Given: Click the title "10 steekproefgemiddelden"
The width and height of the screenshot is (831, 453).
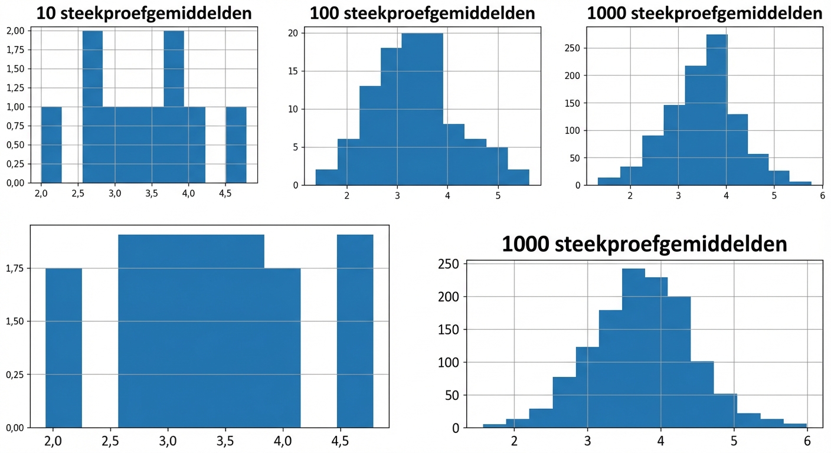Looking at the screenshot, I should (143, 13).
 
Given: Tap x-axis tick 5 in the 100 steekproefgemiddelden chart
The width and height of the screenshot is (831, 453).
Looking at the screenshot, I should (498, 196).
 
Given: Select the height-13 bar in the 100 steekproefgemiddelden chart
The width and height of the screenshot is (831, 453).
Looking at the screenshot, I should (370, 136).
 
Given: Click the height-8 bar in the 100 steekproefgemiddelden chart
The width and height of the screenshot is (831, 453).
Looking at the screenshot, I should (454, 155).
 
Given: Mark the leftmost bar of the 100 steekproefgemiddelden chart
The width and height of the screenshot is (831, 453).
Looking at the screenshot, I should (326, 178).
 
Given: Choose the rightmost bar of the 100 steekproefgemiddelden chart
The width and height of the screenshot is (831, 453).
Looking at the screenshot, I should (518, 178).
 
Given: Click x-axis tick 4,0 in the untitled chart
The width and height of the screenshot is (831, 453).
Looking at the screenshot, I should (283, 442).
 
